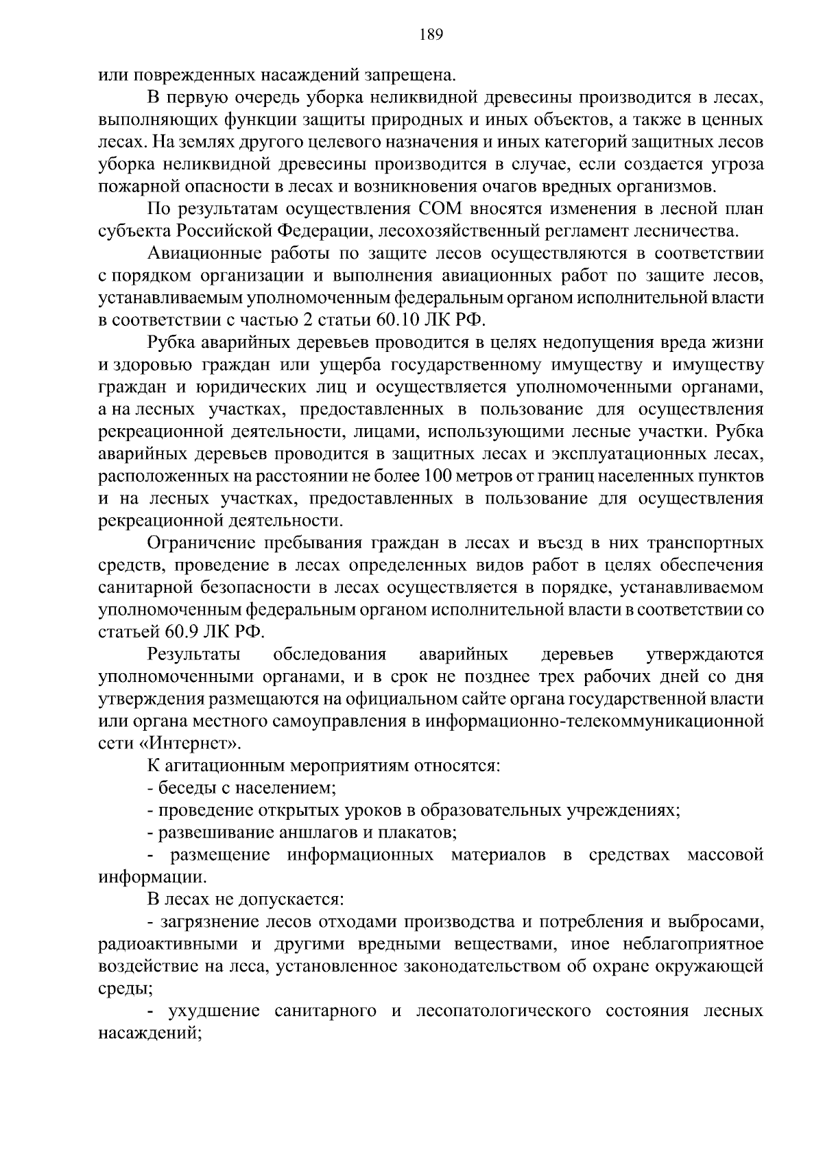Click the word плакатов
tap(418, 833)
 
